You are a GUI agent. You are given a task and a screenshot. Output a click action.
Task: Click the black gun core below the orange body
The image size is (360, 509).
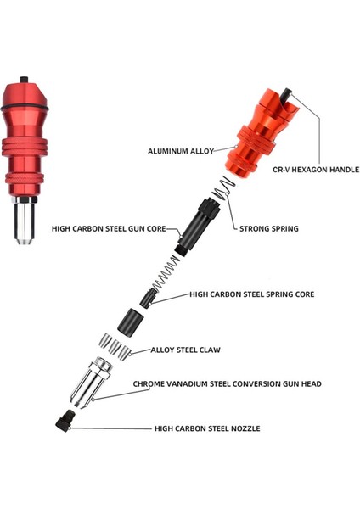(193, 226)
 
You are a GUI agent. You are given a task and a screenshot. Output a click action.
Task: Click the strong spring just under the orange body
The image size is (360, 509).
(222, 190)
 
